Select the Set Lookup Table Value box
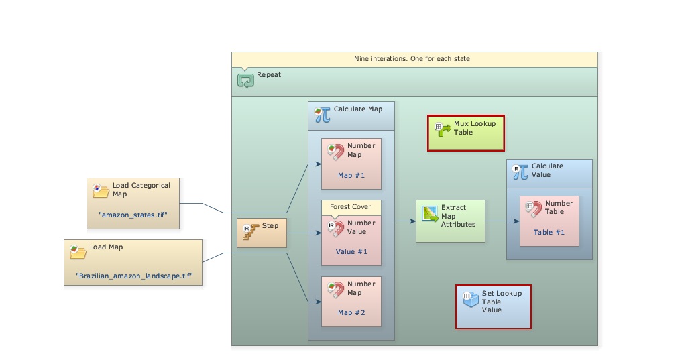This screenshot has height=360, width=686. (x=494, y=306)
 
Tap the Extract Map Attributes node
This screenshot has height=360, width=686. (x=450, y=221)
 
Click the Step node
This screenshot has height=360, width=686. (x=262, y=233)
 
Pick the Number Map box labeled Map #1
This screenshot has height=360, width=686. (x=351, y=165)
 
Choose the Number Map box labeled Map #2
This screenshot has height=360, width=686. (x=351, y=302)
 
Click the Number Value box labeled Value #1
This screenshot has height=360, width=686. (x=351, y=241)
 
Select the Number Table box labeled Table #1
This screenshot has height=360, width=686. (x=549, y=221)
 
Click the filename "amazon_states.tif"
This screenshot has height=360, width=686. (x=133, y=215)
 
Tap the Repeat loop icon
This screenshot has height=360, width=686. (x=245, y=80)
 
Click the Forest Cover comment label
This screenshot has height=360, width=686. (x=350, y=207)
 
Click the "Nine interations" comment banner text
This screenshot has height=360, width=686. (x=412, y=59)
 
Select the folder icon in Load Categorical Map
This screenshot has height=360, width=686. (x=101, y=190)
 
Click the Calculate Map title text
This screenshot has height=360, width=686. (x=357, y=109)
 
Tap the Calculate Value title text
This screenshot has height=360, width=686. (x=547, y=170)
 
